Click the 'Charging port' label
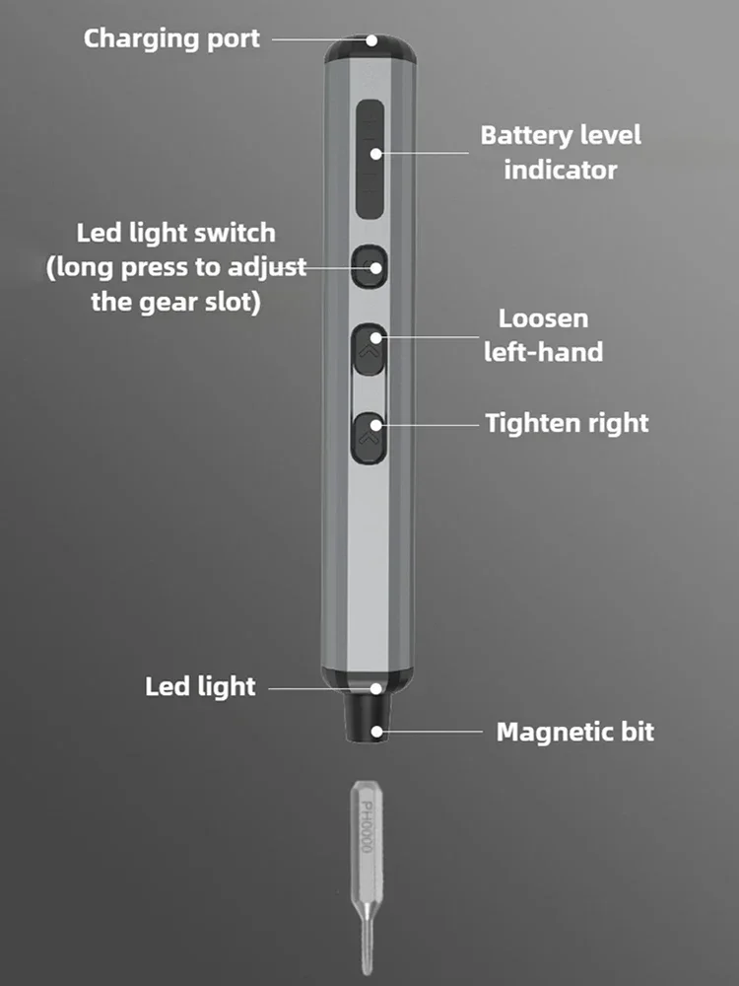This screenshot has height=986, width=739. [x=171, y=39]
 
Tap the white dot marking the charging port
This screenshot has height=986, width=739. [x=372, y=40]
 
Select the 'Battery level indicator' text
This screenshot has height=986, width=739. [x=561, y=152]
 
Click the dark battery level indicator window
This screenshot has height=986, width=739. [x=369, y=159]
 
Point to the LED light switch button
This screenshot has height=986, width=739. [x=369, y=266]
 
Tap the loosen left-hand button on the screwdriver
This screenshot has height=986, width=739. [x=369, y=350]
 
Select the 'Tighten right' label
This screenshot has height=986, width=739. [x=567, y=424]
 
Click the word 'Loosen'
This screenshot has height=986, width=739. [x=544, y=318]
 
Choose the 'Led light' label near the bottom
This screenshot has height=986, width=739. [x=200, y=686]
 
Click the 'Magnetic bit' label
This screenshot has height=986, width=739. [x=575, y=732]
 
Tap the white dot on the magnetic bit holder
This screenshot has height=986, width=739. [x=376, y=732]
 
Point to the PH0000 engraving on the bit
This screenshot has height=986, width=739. [x=367, y=826]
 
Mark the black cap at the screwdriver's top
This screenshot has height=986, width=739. [x=370, y=49]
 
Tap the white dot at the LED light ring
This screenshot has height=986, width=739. [x=375, y=688]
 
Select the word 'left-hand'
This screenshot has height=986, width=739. [x=544, y=352]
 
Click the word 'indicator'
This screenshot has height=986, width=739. [x=561, y=170]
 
